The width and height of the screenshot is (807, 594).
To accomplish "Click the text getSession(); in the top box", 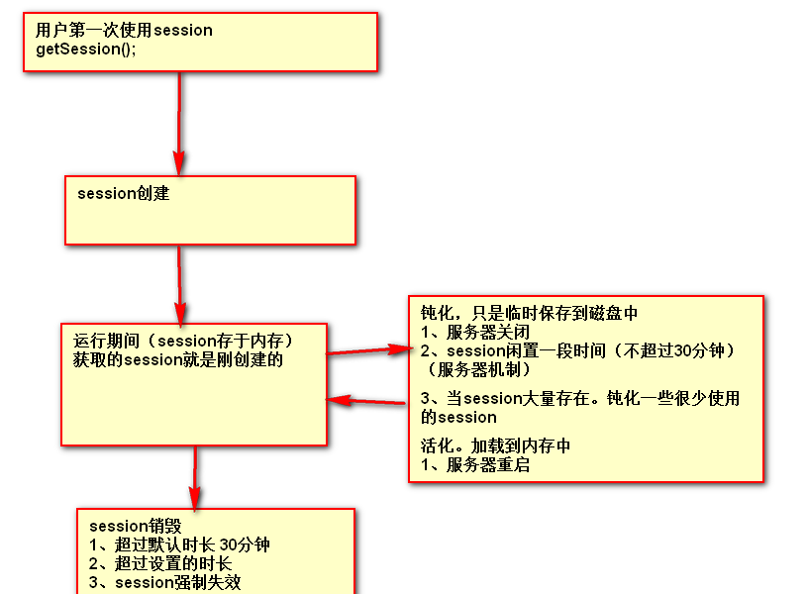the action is point(85,49).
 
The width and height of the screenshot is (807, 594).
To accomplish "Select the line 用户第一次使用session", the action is point(124,30).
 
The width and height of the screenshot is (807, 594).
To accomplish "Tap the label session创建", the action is point(124,193).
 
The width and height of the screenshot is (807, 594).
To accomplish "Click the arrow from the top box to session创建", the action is point(179,124).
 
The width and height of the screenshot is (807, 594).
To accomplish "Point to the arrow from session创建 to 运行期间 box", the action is point(179,282).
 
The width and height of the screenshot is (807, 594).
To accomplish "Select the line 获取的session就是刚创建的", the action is point(178,359).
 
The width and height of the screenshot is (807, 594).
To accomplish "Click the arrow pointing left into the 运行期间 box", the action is point(366,401).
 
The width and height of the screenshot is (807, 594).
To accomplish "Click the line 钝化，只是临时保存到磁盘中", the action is point(530,313).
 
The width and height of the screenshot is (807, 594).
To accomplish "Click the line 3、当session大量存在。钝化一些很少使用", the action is point(580,399).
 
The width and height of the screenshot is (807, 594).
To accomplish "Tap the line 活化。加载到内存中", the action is point(495,446).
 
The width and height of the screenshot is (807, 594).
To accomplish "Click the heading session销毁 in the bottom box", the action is point(136,526).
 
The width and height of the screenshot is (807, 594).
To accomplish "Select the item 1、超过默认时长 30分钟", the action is point(179,544).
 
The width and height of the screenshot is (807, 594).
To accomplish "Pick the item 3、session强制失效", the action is point(165,582).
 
